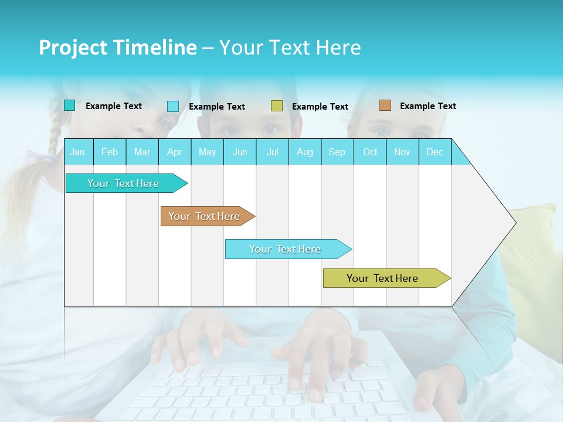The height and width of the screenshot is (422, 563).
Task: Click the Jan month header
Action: click(77, 152)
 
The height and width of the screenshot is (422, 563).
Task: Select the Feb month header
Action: click(110, 152)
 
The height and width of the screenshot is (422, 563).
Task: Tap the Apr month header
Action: click(174, 152)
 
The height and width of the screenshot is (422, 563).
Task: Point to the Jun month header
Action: click(240, 152)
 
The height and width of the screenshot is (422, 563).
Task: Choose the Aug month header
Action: click(304, 152)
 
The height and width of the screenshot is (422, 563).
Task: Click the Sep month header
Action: click(337, 152)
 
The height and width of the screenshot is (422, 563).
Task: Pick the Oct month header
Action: click(370, 152)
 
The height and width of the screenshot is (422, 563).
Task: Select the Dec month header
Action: click(435, 152)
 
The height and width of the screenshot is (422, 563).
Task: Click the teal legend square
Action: click(70, 105)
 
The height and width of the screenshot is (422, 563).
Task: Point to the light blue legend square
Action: click(173, 106)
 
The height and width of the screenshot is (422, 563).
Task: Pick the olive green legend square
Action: click(277, 106)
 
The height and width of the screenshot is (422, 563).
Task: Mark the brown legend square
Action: click(385, 105)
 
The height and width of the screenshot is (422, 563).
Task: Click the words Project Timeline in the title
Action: click(117, 47)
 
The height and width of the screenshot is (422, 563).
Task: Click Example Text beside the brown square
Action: click(428, 105)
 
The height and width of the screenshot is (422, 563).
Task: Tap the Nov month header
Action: click(402, 152)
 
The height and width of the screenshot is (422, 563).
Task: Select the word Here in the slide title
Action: click(338, 47)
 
